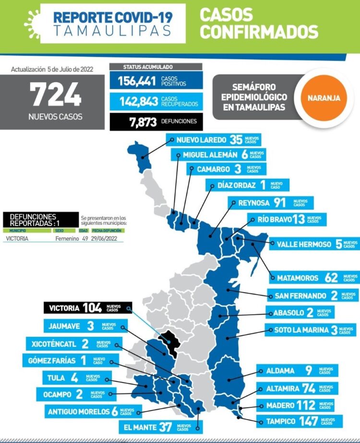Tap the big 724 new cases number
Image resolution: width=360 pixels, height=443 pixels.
tap(56, 94)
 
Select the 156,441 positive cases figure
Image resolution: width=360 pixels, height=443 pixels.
tap(133, 81)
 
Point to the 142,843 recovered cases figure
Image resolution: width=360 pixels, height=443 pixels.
tap(133, 100)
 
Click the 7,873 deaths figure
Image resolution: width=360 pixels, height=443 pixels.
tap(143, 121)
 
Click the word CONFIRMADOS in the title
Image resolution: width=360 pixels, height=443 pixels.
tap(259, 32)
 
